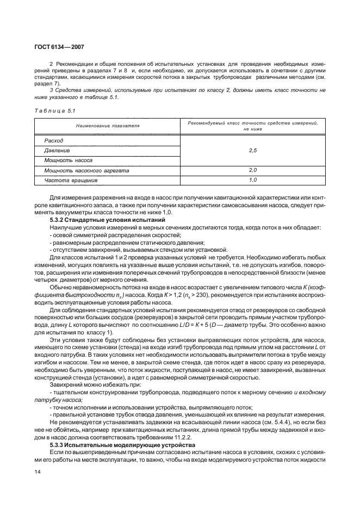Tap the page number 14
click(38, 478)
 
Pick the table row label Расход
click(54, 140)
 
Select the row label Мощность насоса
click(69, 160)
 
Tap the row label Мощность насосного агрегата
click(86, 170)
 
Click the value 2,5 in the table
click(252, 151)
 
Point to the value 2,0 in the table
click(252, 170)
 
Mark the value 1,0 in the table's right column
click(252, 180)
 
